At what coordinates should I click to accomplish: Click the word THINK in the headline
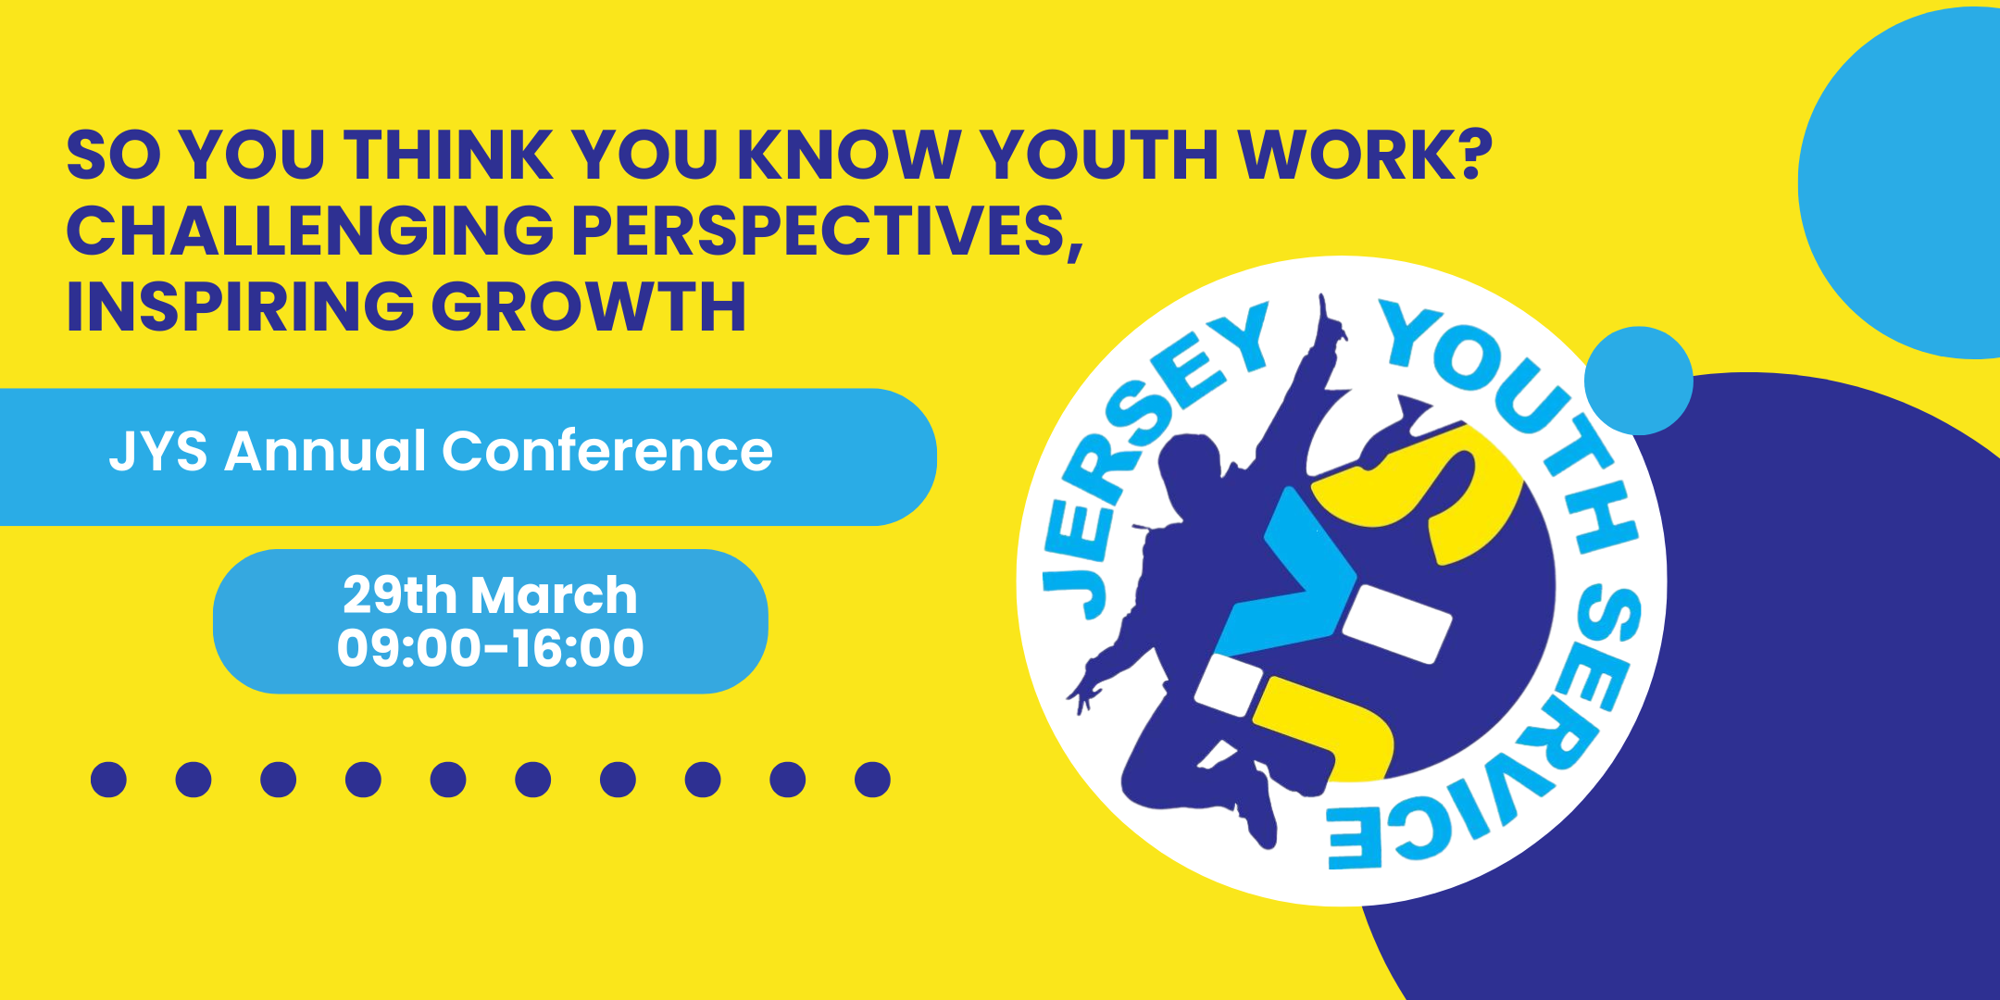pos(448,155)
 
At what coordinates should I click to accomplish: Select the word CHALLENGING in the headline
pos(309,231)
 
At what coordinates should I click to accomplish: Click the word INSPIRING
pos(239,306)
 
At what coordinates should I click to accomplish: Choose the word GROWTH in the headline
pos(589,306)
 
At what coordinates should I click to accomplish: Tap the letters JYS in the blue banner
pos(157,452)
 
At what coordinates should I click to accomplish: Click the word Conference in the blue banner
pos(606,452)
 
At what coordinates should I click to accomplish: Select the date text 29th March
pos(490,594)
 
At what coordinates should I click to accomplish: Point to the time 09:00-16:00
pos(490,647)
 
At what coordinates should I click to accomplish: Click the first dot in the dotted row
pos(108,780)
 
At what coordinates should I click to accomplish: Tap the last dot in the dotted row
pos(872,780)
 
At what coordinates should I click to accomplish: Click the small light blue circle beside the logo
pos(1638,381)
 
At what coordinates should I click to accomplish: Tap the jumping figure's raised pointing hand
pos(1329,319)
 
